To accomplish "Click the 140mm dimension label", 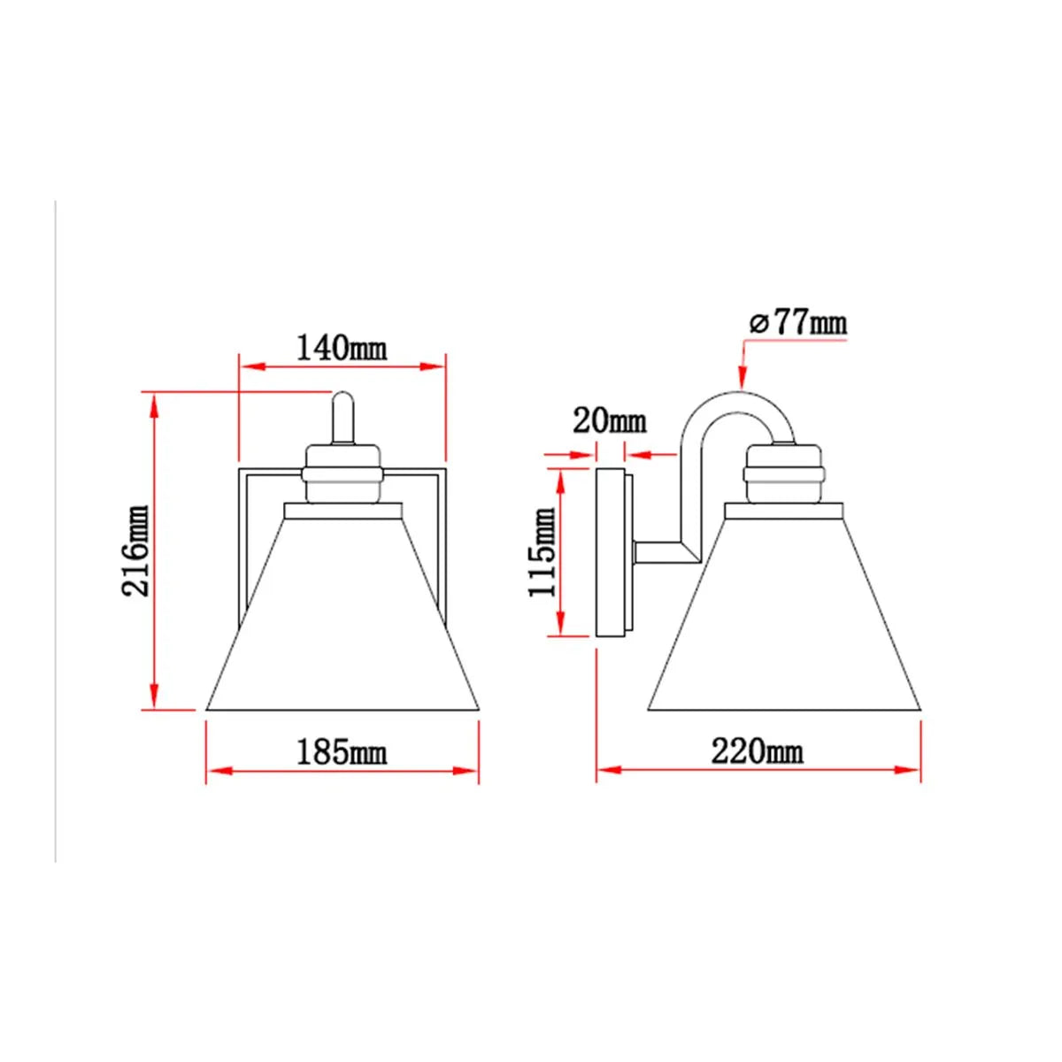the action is click(342, 348).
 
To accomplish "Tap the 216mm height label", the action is click(135, 550).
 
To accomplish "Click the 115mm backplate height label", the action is click(543, 552).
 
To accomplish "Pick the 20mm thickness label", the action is click(609, 421).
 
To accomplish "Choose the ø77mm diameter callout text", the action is click(798, 324).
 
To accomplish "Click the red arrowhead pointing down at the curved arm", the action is click(742, 378).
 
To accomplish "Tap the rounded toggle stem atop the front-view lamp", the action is click(342, 418).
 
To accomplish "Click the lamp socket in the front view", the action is click(342, 473).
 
